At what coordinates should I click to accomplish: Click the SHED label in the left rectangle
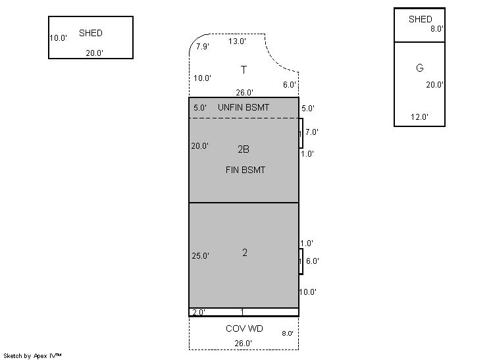pyautogui.click(x=90, y=33)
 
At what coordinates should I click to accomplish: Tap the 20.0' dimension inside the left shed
pyautogui.click(x=94, y=53)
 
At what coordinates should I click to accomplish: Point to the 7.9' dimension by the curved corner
pyautogui.click(x=202, y=46)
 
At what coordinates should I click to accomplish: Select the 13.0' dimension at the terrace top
pyautogui.click(x=237, y=41)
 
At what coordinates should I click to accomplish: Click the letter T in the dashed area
pyautogui.click(x=244, y=70)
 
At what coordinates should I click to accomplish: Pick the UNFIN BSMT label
pyautogui.click(x=244, y=107)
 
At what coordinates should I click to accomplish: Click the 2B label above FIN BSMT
pyautogui.click(x=244, y=149)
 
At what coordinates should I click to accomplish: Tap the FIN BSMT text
pyautogui.click(x=245, y=170)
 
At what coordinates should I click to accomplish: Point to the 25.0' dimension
pyautogui.click(x=200, y=256)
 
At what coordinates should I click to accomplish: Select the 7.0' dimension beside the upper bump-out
pyautogui.click(x=312, y=132)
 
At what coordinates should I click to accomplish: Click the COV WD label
pyautogui.click(x=244, y=328)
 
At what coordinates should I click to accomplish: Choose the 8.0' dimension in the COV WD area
pyautogui.click(x=287, y=333)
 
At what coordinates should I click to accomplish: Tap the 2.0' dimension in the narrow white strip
pyautogui.click(x=199, y=312)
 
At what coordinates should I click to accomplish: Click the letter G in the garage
pyautogui.click(x=420, y=68)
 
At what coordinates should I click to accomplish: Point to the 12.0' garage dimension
pyautogui.click(x=419, y=116)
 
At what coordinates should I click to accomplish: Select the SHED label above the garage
pyautogui.click(x=420, y=19)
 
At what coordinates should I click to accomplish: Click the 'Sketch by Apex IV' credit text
pyautogui.click(x=32, y=355)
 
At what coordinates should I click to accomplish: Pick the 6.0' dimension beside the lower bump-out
pyautogui.click(x=312, y=261)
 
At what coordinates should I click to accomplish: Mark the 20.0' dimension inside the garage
pyautogui.click(x=434, y=84)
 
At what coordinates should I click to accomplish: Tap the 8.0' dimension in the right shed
pyautogui.click(x=436, y=29)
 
